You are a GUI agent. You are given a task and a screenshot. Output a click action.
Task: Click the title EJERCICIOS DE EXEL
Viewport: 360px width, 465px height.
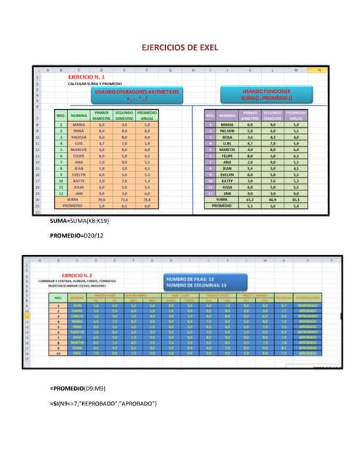[x=180, y=46]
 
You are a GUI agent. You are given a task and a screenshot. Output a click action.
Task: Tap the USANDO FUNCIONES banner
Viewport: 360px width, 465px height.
[x=267, y=94]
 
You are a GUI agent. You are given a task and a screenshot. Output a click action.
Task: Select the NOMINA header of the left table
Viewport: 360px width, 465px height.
[x=79, y=115]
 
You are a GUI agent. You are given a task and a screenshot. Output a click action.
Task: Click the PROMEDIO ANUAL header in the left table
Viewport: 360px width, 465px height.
[x=147, y=115]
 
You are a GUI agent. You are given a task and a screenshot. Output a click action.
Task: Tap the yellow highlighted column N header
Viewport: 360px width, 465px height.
[x=318, y=70]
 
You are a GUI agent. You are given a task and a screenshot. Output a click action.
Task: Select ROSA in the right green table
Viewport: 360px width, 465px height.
[x=227, y=137]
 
